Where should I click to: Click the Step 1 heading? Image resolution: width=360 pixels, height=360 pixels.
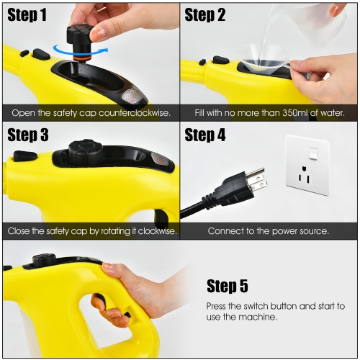[x=27, y=15]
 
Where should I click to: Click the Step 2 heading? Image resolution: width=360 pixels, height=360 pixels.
[x=205, y=15]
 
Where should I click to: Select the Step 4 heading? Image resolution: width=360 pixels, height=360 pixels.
[x=205, y=135]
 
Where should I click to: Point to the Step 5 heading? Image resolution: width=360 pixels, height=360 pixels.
[x=232, y=287]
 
